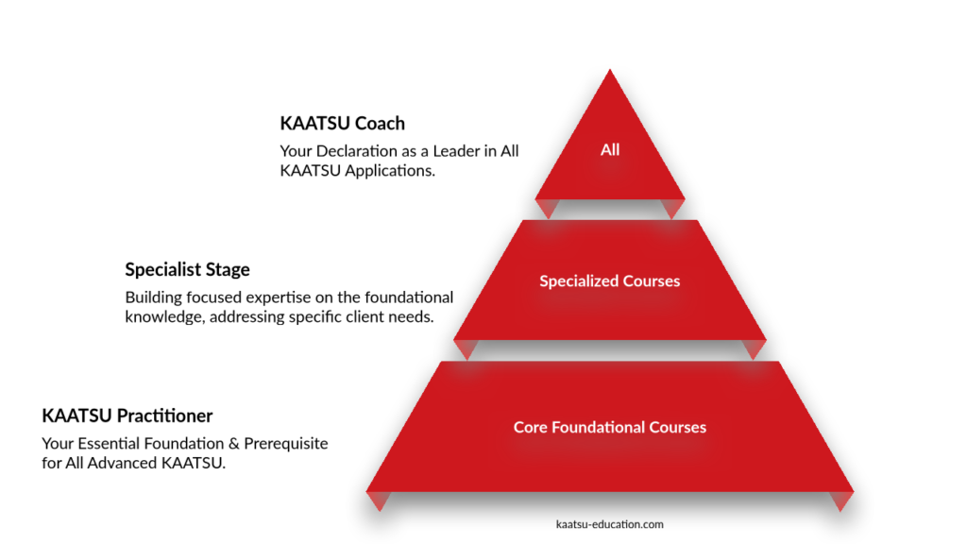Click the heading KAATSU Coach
[342, 123]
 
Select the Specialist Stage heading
[187, 269]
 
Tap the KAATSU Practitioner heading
[127, 416]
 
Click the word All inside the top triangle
[610, 149]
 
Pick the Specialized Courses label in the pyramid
[609, 280]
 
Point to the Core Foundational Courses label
[609, 427]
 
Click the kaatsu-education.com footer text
[610, 523]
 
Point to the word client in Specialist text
[364, 317]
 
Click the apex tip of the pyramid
[610, 72]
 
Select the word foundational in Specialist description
[407, 297]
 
